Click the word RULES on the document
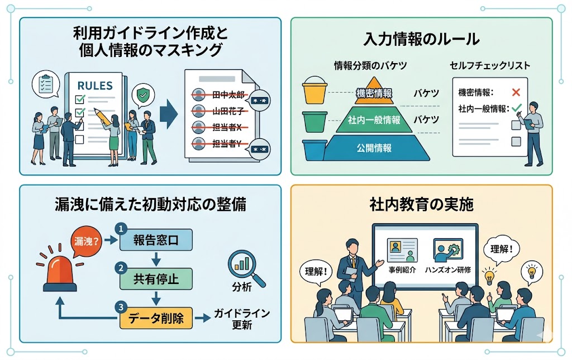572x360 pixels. click(94, 86)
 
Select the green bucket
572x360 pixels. click(314, 121)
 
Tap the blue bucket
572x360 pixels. click(314, 149)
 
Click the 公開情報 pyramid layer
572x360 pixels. click(374, 148)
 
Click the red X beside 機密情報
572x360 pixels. click(516, 93)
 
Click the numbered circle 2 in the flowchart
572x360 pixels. click(119, 268)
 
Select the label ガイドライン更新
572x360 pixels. click(241, 319)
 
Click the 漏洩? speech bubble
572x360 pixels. click(86, 241)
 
